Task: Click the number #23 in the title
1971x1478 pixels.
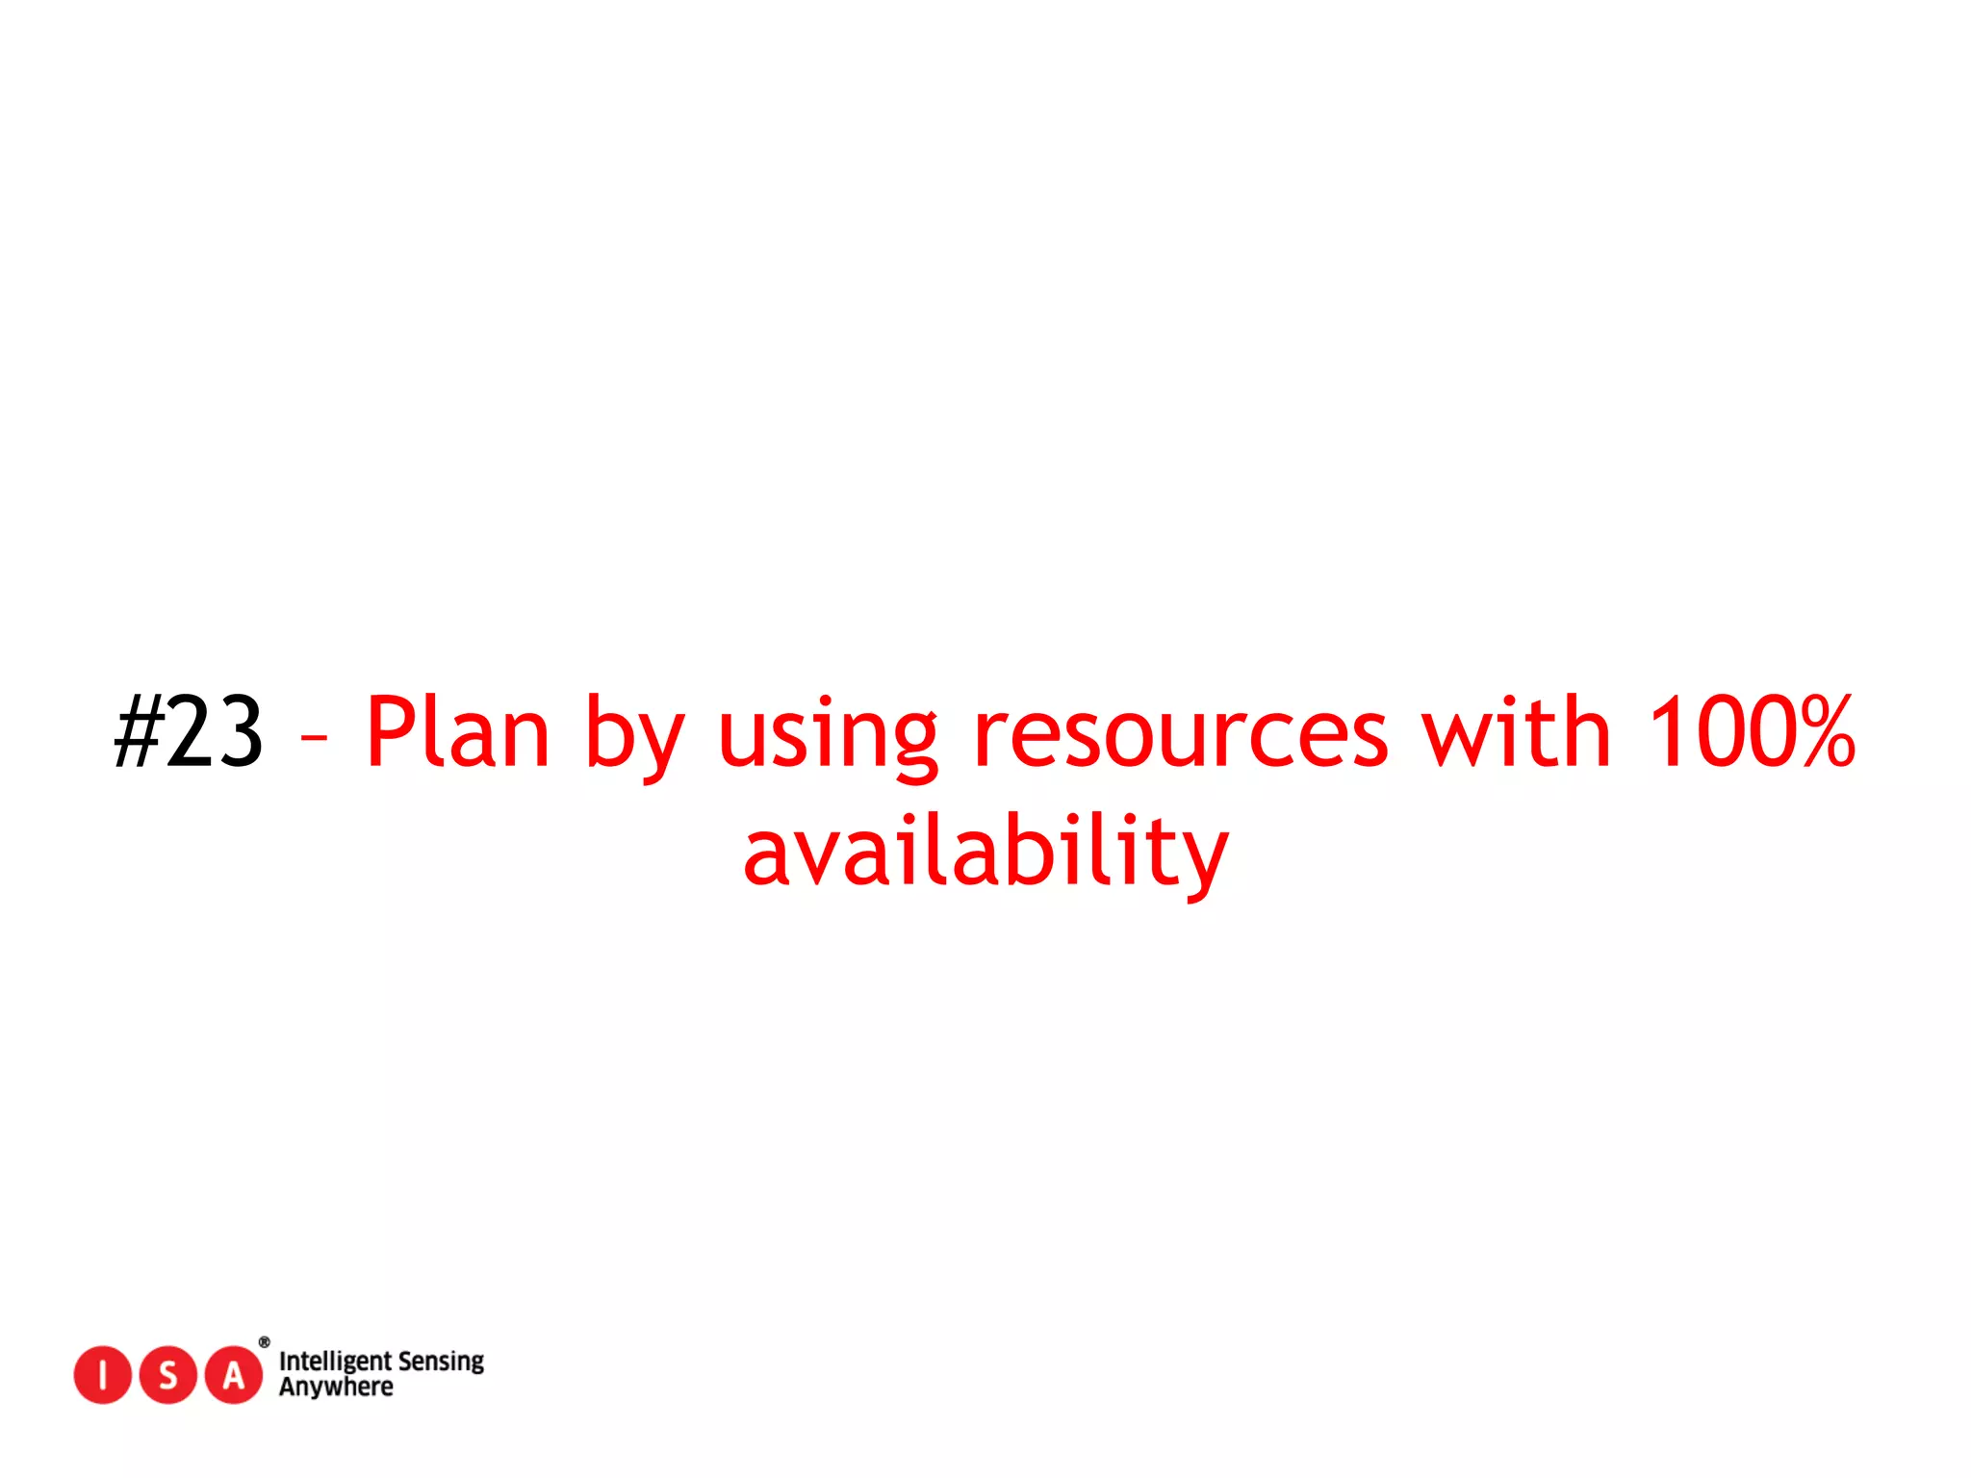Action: pos(189,733)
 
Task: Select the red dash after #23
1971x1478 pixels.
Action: pos(314,739)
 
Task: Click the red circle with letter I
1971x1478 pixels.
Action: pos(102,1375)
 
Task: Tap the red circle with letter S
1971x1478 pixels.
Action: pos(167,1375)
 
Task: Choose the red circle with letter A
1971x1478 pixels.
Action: pos(233,1375)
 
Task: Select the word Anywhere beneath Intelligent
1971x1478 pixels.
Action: pos(336,1388)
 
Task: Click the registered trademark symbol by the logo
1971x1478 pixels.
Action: pos(264,1342)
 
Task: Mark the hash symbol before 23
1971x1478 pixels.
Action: pos(138,733)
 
